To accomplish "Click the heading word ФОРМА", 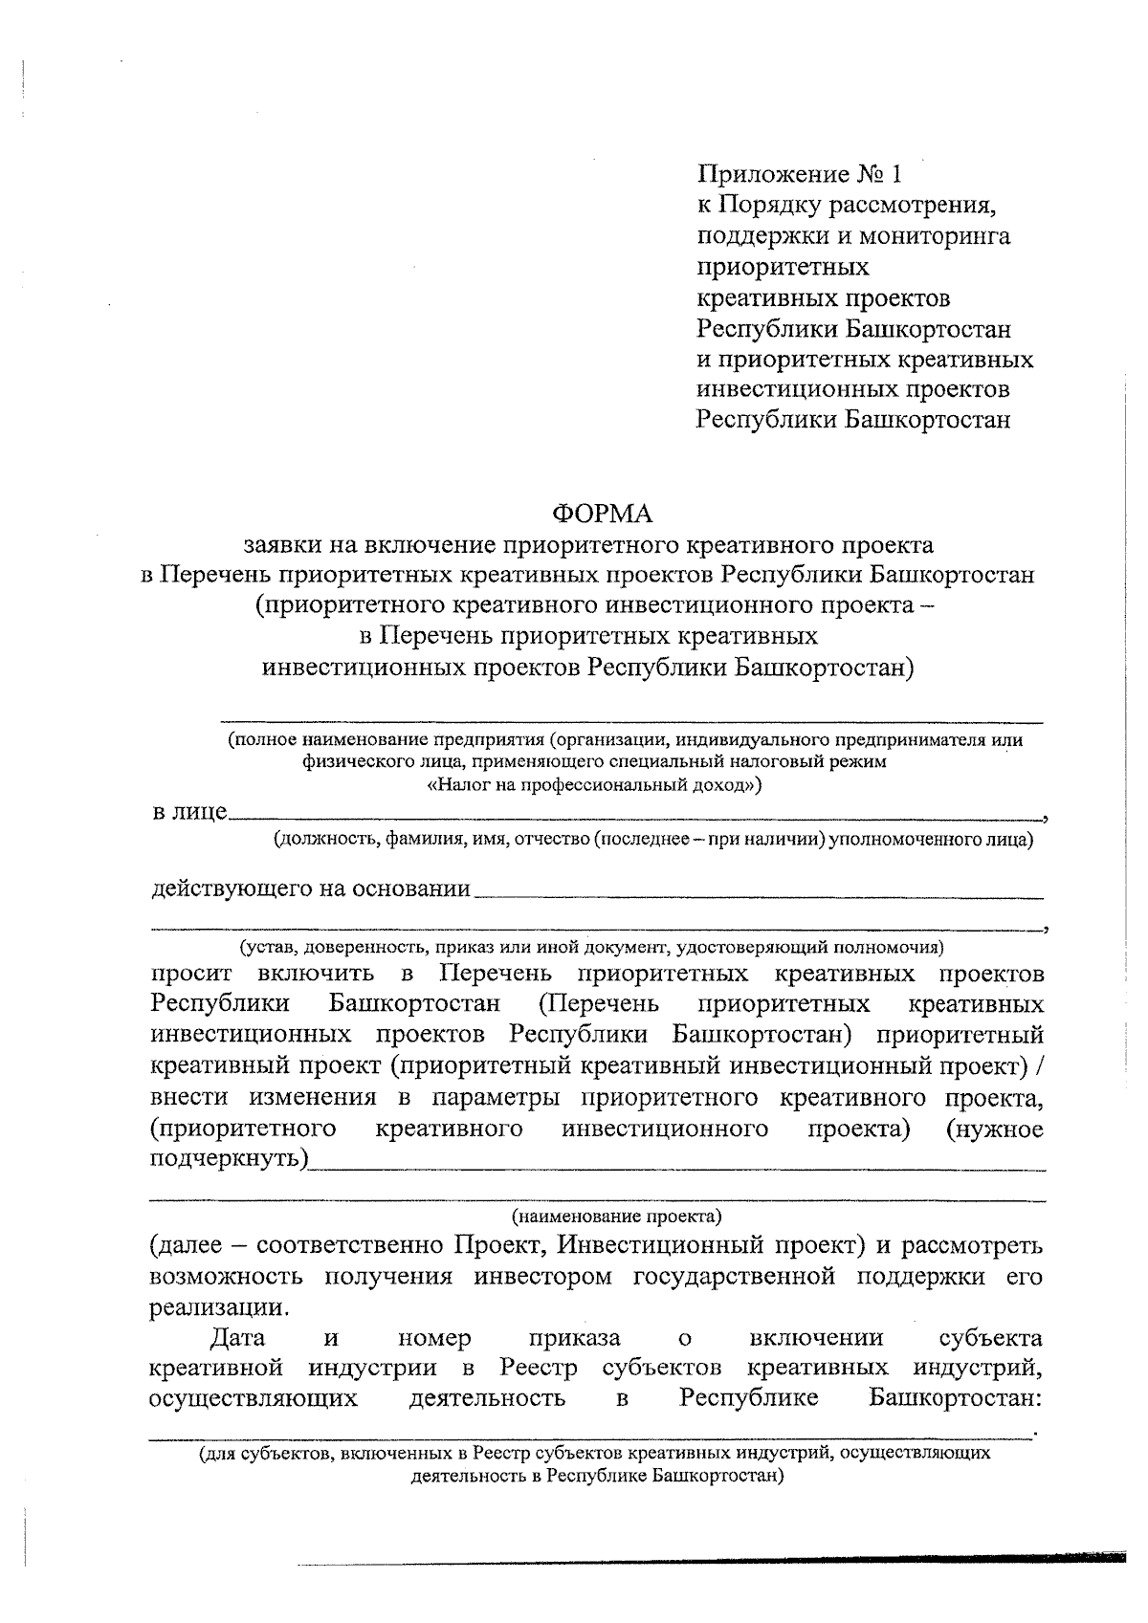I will (x=602, y=514).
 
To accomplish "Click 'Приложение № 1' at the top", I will (x=800, y=174).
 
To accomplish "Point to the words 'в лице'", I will (x=189, y=812).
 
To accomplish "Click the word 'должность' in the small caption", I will (x=317, y=840).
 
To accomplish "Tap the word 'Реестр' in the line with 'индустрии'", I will (x=540, y=1368).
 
